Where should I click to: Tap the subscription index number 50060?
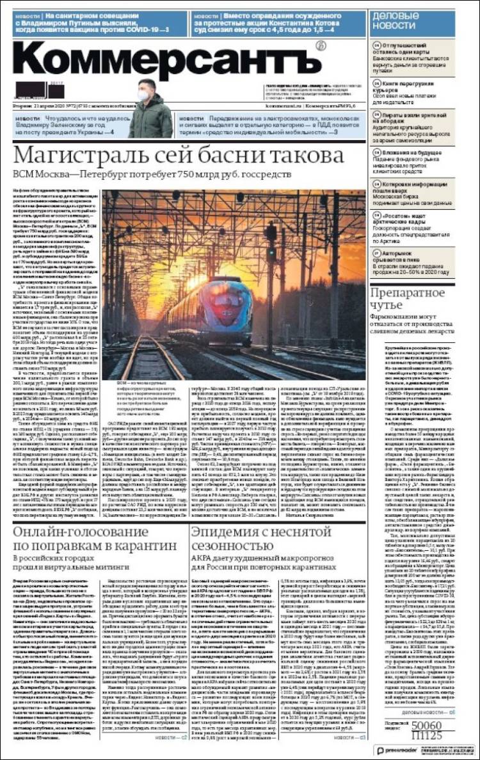(x=426, y=725)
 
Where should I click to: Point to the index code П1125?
(x=426, y=735)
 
